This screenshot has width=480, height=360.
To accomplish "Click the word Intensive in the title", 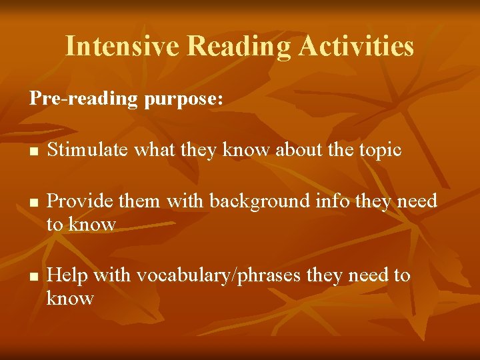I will click(x=123, y=47).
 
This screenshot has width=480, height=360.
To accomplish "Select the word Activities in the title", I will click(x=357, y=47).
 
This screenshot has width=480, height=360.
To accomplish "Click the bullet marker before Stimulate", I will click(x=33, y=151).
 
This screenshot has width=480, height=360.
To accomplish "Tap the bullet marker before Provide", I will click(x=33, y=202).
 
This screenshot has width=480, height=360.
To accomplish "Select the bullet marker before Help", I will click(x=33, y=276).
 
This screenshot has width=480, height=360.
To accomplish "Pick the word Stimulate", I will click(x=88, y=150).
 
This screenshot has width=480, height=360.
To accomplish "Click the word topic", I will click(x=379, y=151).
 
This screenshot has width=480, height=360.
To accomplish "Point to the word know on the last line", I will click(x=70, y=298).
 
